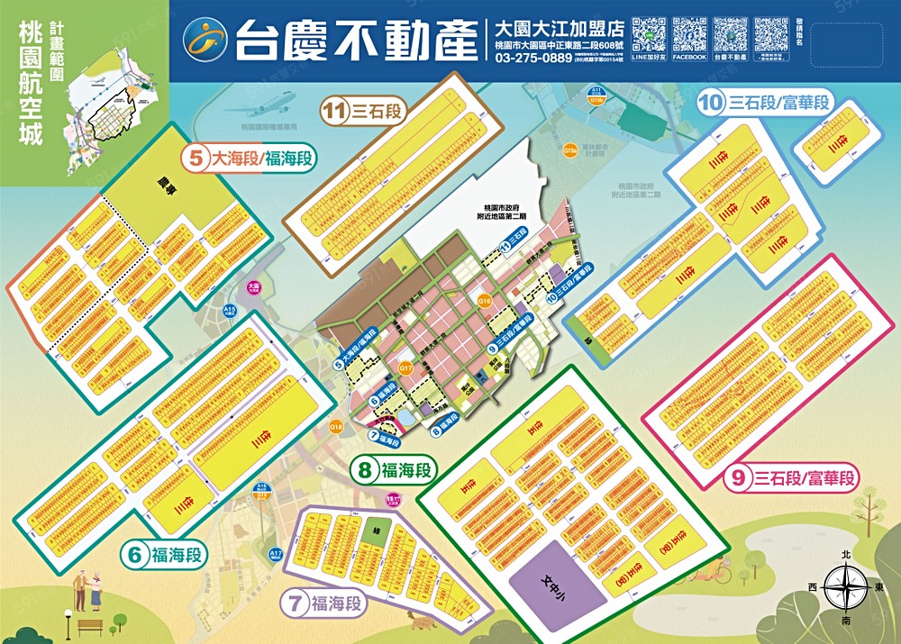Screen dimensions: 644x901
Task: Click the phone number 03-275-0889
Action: (532, 59)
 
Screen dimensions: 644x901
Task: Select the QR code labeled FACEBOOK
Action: (688, 35)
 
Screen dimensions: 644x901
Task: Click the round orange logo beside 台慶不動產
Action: (205, 38)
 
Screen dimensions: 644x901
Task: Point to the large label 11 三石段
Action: (362, 112)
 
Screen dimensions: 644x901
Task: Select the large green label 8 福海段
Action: (394, 469)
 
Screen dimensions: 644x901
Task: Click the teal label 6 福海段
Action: (165, 555)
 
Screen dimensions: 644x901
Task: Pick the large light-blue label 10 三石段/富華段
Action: (762, 103)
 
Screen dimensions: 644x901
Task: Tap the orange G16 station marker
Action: (485, 301)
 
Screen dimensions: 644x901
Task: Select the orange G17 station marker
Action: (405, 367)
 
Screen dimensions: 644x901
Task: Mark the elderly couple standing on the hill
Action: (87, 589)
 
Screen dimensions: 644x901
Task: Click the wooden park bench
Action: (89, 625)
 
